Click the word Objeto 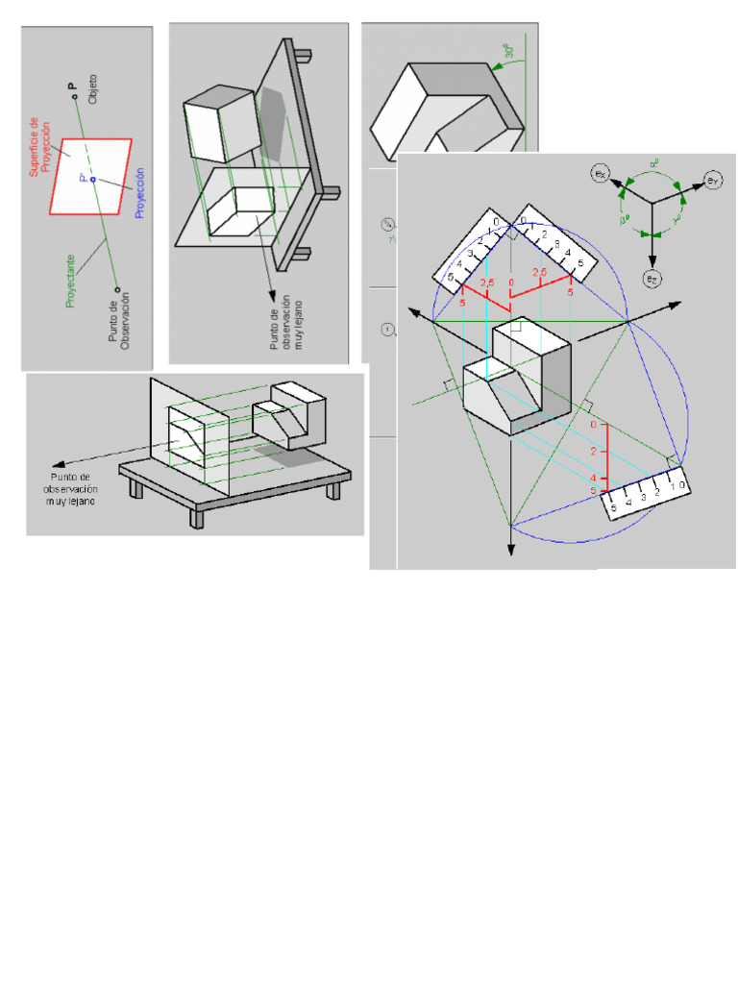(x=93, y=88)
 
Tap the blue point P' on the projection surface (x=93, y=179)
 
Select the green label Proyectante (x=70, y=282)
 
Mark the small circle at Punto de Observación (x=116, y=287)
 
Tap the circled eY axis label (x=712, y=180)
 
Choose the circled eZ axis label (x=652, y=278)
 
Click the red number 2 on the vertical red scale (x=594, y=452)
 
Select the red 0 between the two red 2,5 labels (x=512, y=283)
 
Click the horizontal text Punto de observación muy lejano (x=75, y=488)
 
